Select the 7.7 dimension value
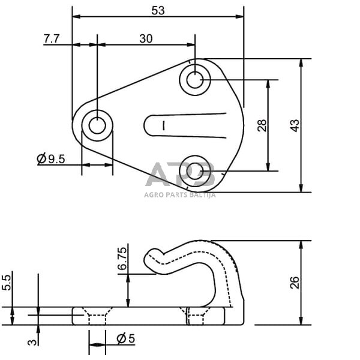click(52, 38)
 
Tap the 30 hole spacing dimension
click(146, 38)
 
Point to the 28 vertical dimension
click(262, 125)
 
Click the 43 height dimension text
click(294, 125)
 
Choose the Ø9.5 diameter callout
click(50, 159)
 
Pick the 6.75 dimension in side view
click(122, 259)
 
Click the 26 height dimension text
click(294, 282)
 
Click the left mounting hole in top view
click(97, 126)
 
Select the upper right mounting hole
click(194, 79)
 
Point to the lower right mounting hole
click(194, 171)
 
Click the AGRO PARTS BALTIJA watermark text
click(179, 194)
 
